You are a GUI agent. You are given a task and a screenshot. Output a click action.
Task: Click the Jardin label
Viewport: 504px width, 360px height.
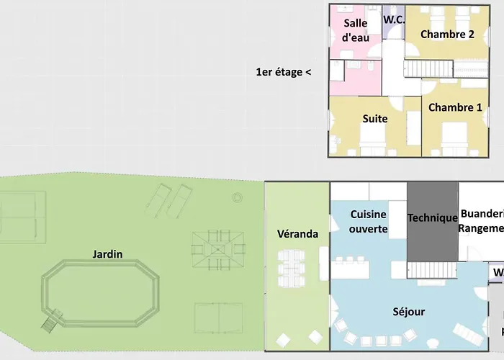[x=107, y=254]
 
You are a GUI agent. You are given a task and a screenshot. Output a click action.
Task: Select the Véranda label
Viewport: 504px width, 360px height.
[x=297, y=234]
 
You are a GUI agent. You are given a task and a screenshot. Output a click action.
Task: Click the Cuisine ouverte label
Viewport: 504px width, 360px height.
[x=369, y=222]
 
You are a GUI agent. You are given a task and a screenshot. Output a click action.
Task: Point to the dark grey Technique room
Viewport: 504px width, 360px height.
[x=432, y=218]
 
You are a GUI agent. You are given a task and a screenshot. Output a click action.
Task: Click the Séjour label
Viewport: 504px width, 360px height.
[x=409, y=312]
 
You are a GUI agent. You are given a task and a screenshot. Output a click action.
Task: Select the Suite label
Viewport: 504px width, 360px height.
[x=375, y=119]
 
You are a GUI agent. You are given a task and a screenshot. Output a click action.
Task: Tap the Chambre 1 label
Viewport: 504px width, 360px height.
[x=455, y=107]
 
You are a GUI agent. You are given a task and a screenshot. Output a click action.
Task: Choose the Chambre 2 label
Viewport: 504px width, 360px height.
[x=447, y=35]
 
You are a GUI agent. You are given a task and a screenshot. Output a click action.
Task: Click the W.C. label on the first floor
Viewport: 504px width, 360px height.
[x=394, y=20]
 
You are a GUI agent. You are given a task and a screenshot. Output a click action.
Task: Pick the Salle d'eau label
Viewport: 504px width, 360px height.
[x=356, y=30]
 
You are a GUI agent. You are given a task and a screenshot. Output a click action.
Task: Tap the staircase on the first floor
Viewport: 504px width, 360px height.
[x=430, y=69]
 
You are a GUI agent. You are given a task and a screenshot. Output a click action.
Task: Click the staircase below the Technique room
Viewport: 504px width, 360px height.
[x=432, y=269]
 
